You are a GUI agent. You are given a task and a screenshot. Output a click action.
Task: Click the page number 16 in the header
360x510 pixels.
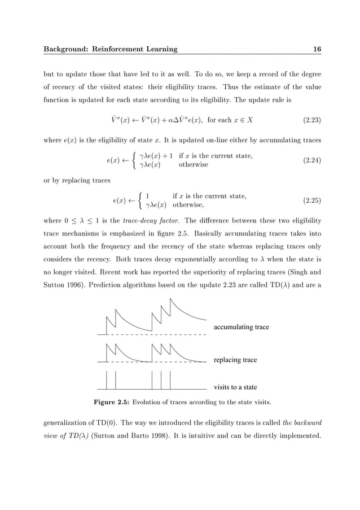(x=317, y=49)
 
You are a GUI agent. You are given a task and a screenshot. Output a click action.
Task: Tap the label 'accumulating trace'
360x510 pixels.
(x=241, y=327)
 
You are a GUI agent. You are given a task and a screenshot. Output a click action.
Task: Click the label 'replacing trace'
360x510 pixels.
(x=235, y=360)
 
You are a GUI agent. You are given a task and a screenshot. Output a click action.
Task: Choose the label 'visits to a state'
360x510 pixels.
(x=235, y=387)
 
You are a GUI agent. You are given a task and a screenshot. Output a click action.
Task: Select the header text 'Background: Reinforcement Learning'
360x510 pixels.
(x=111, y=49)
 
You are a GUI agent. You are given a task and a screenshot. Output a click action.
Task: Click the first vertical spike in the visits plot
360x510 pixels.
(x=107, y=380)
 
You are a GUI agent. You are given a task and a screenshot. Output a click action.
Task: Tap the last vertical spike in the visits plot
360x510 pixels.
(x=170, y=380)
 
